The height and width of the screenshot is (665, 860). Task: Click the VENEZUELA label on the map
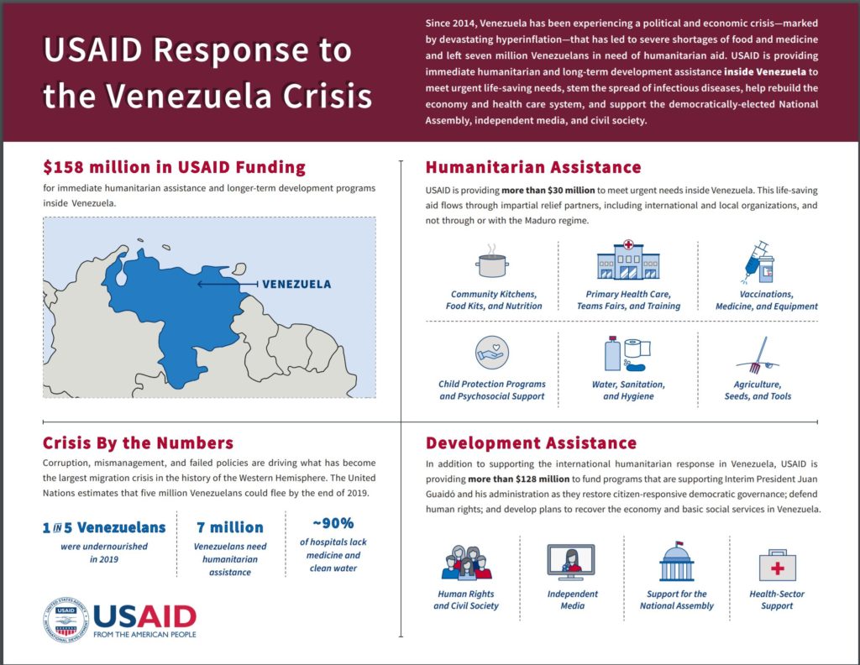pyautogui.click(x=296, y=284)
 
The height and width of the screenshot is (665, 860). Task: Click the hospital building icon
pyautogui.click(x=628, y=259)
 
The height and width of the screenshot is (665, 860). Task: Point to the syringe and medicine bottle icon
pyautogui.click(x=760, y=261)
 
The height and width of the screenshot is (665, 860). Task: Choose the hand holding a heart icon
pyautogui.click(x=492, y=352)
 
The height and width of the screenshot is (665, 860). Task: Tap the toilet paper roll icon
pyautogui.click(x=637, y=348)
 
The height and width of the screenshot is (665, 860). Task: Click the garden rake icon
pyautogui.click(x=758, y=355)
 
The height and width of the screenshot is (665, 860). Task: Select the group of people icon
pyautogui.click(x=466, y=563)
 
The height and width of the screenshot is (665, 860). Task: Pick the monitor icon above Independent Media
pyautogui.click(x=571, y=563)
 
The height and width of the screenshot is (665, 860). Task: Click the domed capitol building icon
pyautogui.click(x=677, y=561)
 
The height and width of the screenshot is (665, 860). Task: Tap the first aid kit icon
pyautogui.click(x=777, y=565)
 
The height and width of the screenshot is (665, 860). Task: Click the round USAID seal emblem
pyautogui.click(x=66, y=620)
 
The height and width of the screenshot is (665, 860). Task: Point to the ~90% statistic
pyautogui.click(x=333, y=523)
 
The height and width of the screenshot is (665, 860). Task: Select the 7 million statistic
pyautogui.click(x=230, y=527)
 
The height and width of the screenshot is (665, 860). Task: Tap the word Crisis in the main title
pyautogui.click(x=328, y=96)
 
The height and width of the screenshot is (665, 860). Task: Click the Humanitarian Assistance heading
pyautogui.click(x=533, y=167)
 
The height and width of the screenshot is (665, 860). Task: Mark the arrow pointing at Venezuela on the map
pyautogui.click(x=228, y=284)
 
